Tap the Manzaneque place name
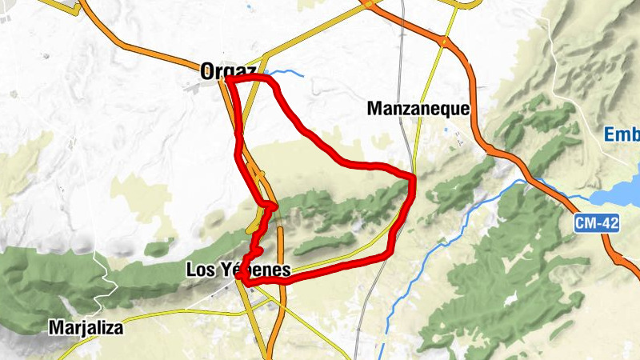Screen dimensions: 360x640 point(417,108)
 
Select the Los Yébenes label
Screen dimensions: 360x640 point(238,270)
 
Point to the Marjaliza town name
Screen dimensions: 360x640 point(88,327)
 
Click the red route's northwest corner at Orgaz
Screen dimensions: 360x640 point(228,80)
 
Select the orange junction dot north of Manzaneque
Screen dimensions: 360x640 point(444,39)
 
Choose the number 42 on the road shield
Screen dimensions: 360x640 point(609,225)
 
